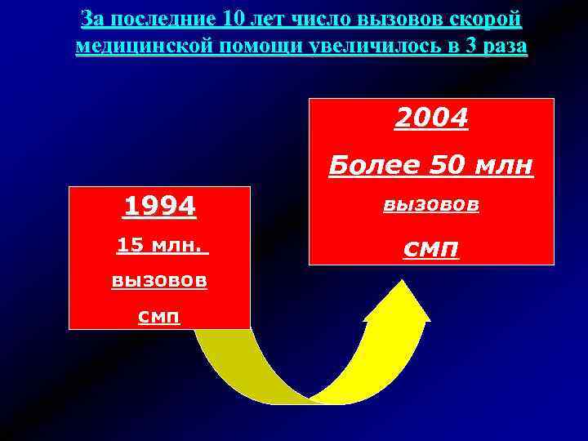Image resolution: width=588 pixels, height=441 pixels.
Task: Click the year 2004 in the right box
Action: [431, 119]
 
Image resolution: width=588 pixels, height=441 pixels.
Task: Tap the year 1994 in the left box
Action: [159, 207]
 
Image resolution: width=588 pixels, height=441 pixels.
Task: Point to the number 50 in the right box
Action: [440, 167]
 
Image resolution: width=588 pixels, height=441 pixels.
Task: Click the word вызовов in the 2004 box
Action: [431, 207]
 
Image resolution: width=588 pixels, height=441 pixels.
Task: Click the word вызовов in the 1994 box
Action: [159, 281]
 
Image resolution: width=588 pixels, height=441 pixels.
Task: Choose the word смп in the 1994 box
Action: [159, 315]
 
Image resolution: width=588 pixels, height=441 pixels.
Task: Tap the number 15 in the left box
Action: [127, 244]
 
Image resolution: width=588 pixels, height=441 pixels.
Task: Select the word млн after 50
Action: [501, 167]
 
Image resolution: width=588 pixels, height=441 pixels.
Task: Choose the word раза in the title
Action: [504, 46]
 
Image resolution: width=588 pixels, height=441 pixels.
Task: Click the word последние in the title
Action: [163, 18]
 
